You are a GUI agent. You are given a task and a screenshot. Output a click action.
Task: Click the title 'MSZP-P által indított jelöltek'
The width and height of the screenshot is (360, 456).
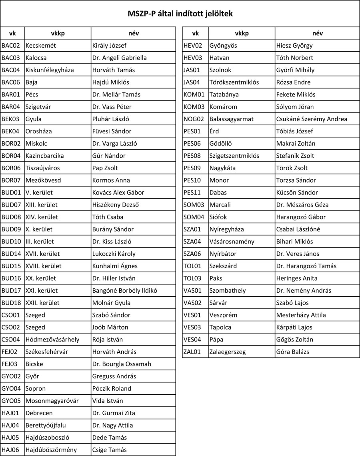coord(180,14)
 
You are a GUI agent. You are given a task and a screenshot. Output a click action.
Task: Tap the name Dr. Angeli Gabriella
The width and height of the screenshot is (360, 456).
coord(119,58)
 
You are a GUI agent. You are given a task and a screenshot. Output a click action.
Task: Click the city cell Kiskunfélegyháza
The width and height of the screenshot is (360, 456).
coord(50,70)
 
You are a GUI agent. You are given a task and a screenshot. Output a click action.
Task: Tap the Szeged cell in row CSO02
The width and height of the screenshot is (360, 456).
coord(35,327)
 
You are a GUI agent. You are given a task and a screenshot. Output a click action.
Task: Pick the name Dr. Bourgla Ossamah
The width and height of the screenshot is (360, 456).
coord(122,364)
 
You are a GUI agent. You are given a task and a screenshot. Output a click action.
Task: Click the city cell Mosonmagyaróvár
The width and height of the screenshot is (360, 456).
coord(52,401)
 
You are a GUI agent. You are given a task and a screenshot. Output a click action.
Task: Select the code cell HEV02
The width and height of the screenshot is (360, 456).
coord(193,45)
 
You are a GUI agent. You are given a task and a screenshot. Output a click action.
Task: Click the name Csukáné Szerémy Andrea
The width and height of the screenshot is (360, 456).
coord(312,119)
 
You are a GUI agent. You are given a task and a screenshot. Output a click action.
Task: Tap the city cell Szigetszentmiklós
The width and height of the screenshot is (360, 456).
coord(234,156)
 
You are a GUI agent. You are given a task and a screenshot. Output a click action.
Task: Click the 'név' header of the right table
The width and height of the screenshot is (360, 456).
coord(318,33)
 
